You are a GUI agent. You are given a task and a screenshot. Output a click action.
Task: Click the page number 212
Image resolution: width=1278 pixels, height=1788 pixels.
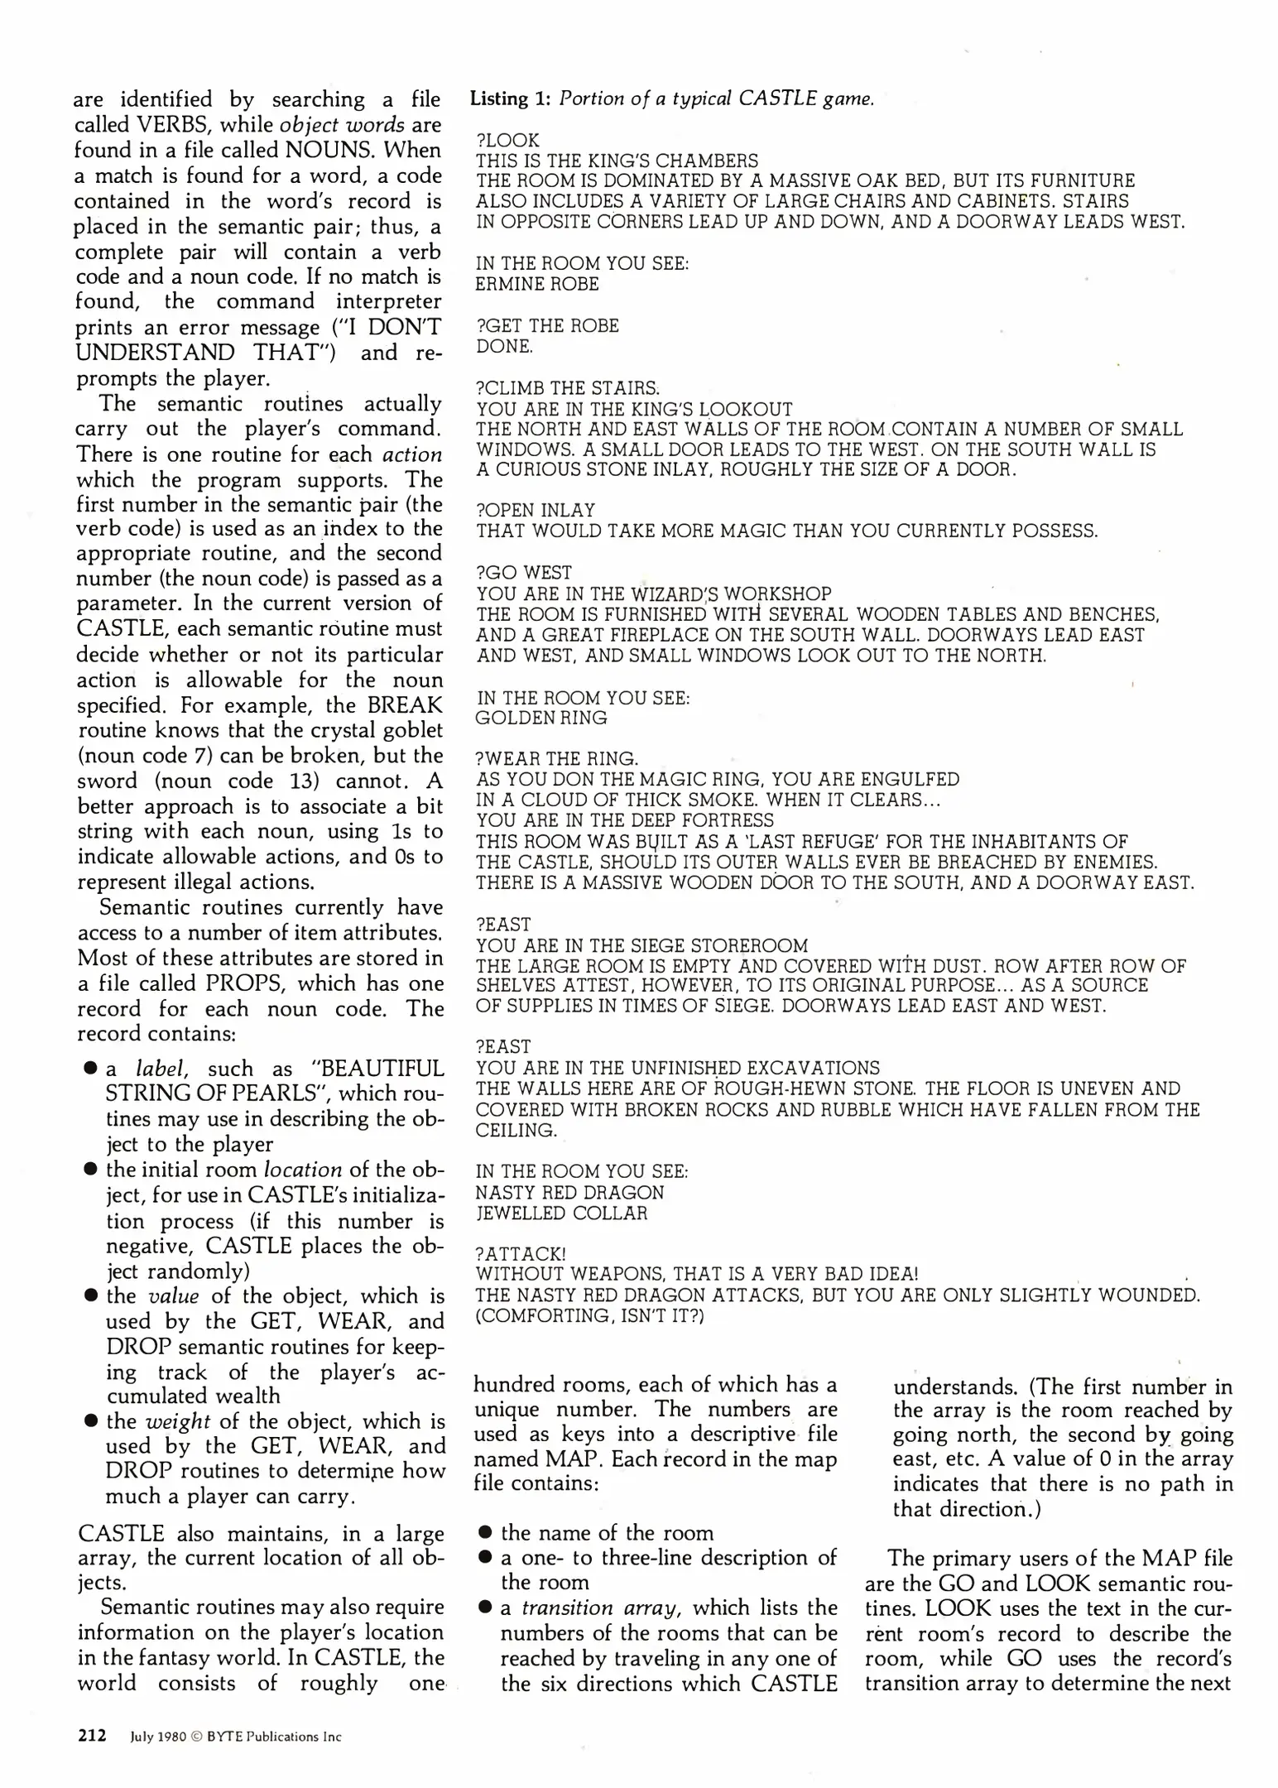click(x=92, y=1736)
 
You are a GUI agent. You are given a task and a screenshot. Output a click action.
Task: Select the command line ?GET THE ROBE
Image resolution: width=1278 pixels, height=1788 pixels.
click(x=547, y=326)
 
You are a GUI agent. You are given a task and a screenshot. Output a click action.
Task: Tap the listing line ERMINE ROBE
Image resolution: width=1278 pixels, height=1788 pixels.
click(x=536, y=284)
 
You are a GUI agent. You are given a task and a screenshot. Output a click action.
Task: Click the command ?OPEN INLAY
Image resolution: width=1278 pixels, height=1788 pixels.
click(x=536, y=511)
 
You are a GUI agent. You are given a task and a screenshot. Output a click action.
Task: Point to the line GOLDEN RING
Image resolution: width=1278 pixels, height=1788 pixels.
click(x=541, y=718)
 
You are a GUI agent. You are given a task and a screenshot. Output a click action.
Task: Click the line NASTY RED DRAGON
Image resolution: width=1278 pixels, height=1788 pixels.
click(x=569, y=1193)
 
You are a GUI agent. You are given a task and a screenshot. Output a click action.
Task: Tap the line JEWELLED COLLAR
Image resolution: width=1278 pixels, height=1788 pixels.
click(x=561, y=1214)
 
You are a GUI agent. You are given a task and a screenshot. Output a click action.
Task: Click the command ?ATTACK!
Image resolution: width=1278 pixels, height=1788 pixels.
click(x=521, y=1255)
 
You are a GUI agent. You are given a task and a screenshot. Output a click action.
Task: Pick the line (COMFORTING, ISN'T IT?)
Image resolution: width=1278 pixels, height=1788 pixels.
click(x=589, y=1316)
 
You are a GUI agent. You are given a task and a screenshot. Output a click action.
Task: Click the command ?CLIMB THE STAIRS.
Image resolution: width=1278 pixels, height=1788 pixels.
click(x=568, y=388)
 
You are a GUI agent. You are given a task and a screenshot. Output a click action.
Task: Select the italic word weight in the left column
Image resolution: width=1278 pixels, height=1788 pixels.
click(x=178, y=1421)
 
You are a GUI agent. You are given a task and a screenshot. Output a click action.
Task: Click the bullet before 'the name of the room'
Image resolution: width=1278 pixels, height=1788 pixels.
click(x=486, y=1533)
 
